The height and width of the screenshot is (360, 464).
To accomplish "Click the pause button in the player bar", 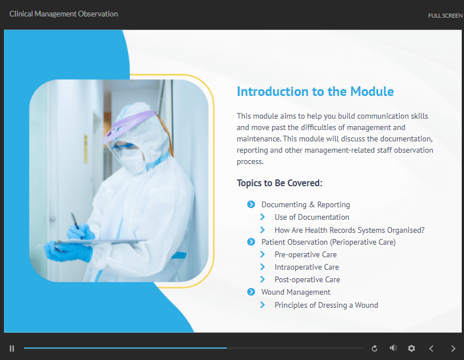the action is tap(12, 349).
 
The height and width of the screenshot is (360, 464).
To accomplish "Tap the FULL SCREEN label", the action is tap(445, 16).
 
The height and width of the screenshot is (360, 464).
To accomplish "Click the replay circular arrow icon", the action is tap(374, 349).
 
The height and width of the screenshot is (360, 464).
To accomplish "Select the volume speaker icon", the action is tap(393, 348).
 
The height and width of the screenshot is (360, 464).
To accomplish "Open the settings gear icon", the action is tap(411, 349).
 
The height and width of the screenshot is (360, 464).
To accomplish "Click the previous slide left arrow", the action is tap(431, 349).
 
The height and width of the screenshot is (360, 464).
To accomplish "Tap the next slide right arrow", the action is tap(453, 349).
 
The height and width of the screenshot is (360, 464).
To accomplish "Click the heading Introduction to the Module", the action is tap(315, 91).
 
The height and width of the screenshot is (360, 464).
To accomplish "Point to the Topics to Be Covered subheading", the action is tap(279, 183).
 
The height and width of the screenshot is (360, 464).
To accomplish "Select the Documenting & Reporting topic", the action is tap(306, 204).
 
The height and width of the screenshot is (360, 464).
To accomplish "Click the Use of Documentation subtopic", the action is tap(312, 217).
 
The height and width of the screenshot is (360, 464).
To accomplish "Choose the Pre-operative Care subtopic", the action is tap(306, 255).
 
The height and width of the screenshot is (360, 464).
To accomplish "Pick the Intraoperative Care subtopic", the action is tap(307, 267).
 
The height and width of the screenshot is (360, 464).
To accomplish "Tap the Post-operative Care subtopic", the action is tap(307, 279).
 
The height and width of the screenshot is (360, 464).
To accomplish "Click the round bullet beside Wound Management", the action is tap(251, 292).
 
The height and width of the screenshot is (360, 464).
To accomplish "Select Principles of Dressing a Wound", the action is tap(326, 305).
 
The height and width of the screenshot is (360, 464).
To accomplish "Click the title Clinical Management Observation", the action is tap(64, 14).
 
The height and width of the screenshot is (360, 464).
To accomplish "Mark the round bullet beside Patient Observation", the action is tap(251, 242).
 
